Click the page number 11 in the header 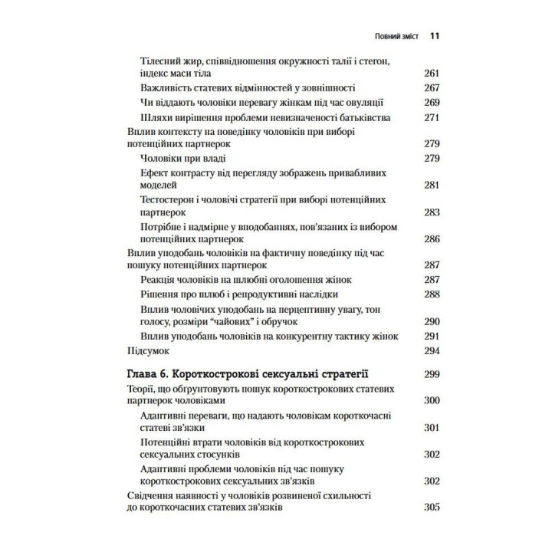434,35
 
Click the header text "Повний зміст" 396,35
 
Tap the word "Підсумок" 148,350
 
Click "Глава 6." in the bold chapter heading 146,375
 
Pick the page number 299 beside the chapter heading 432,375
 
